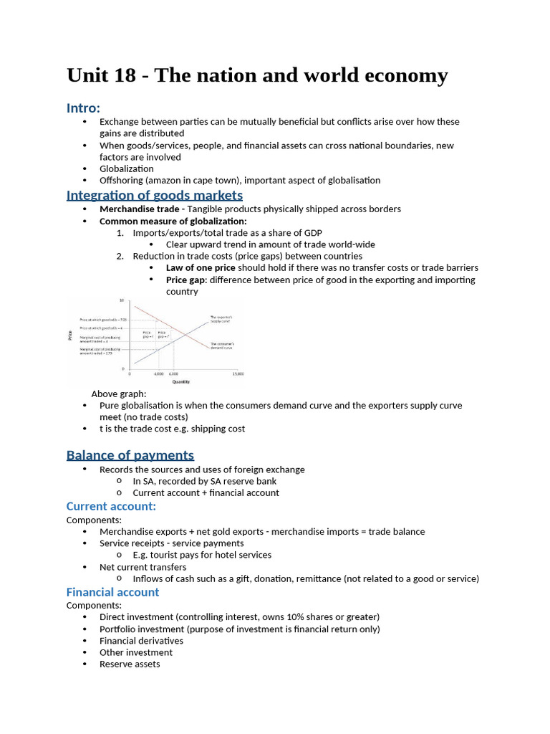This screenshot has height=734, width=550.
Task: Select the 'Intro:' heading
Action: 83,108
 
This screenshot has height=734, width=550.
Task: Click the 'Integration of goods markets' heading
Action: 154,195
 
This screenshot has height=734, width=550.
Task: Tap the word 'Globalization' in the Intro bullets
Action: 126,168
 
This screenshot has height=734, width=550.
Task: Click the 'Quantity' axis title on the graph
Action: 181,382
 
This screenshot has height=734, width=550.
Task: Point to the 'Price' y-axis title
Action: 70,334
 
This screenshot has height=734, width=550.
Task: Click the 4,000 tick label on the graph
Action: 158,373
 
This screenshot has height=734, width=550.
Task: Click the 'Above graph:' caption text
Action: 118,394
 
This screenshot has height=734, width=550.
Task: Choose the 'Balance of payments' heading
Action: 130,455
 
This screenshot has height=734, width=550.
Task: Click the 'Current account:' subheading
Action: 111,507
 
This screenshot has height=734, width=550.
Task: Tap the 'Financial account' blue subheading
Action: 112,592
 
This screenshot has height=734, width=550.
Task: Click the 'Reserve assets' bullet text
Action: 130,664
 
